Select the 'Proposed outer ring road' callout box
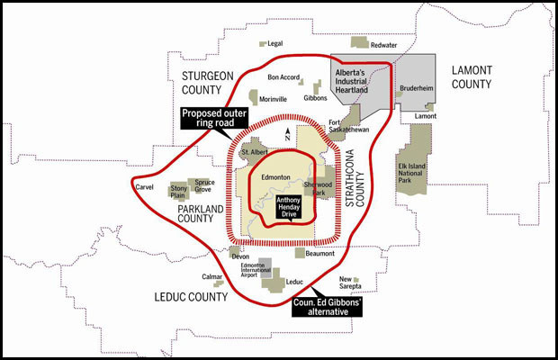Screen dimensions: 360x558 [213, 119]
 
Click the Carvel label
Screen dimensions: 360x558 [144, 187]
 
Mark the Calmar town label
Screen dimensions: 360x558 [212, 277]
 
